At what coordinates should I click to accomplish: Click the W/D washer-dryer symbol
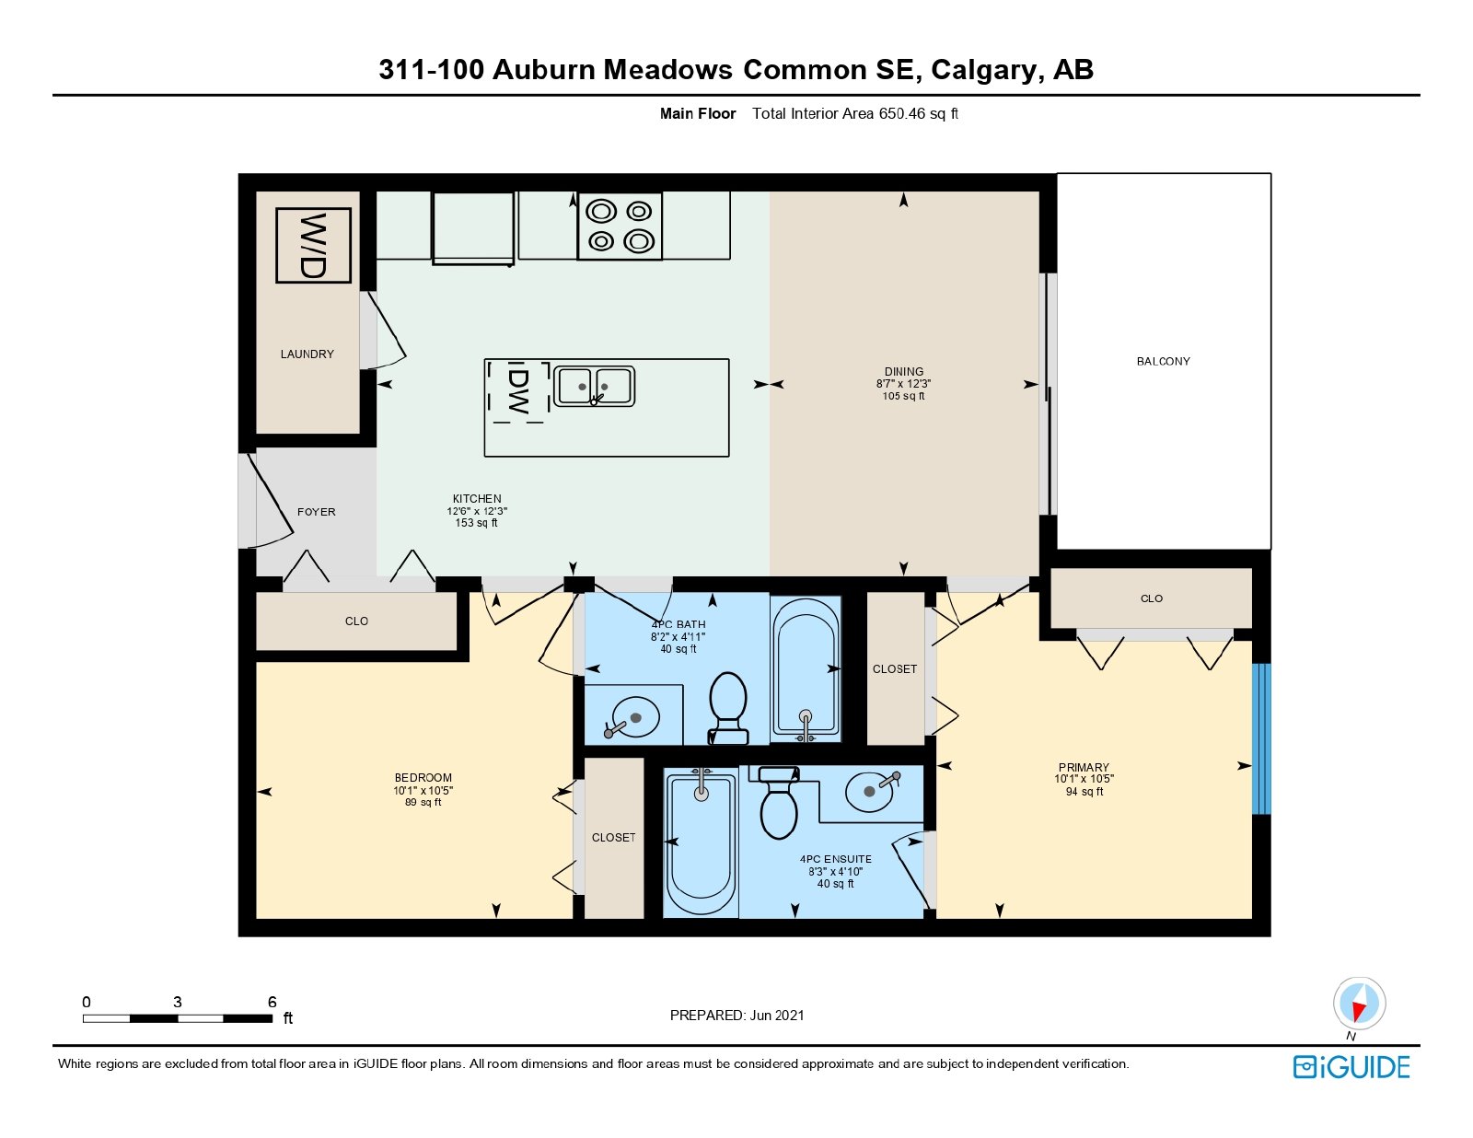click(313, 245)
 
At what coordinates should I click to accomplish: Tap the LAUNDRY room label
click(307, 354)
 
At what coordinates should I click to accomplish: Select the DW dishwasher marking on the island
click(518, 391)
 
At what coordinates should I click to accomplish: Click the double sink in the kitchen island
click(594, 387)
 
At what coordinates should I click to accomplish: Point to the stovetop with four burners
click(620, 226)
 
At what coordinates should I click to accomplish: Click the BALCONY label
click(1164, 361)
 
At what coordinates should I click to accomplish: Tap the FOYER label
click(317, 512)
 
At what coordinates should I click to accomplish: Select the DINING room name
click(904, 371)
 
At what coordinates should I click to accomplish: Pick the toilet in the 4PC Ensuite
click(779, 803)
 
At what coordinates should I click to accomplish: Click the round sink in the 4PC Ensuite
click(872, 791)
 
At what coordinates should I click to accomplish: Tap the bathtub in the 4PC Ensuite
click(701, 843)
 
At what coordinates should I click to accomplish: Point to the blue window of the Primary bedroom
click(1261, 738)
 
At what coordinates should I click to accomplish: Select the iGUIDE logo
click(1351, 1067)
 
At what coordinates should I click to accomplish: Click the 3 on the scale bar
click(178, 1002)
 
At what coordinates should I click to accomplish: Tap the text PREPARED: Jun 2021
click(736, 1016)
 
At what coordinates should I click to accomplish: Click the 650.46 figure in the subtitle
click(901, 114)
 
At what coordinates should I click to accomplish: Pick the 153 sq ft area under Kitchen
click(477, 523)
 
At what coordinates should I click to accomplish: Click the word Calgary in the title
click(983, 70)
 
